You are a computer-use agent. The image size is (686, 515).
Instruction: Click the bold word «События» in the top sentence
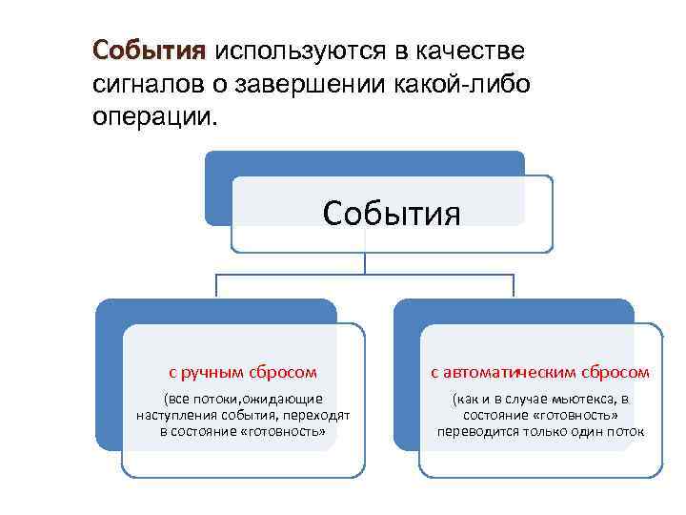[x=149, y=50]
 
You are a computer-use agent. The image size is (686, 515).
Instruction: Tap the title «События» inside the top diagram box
[x=392, y=213]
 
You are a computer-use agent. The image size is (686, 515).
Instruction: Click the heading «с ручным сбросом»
[x=242, y=372]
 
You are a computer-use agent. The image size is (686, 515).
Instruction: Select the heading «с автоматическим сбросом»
[x=540, y=372]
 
